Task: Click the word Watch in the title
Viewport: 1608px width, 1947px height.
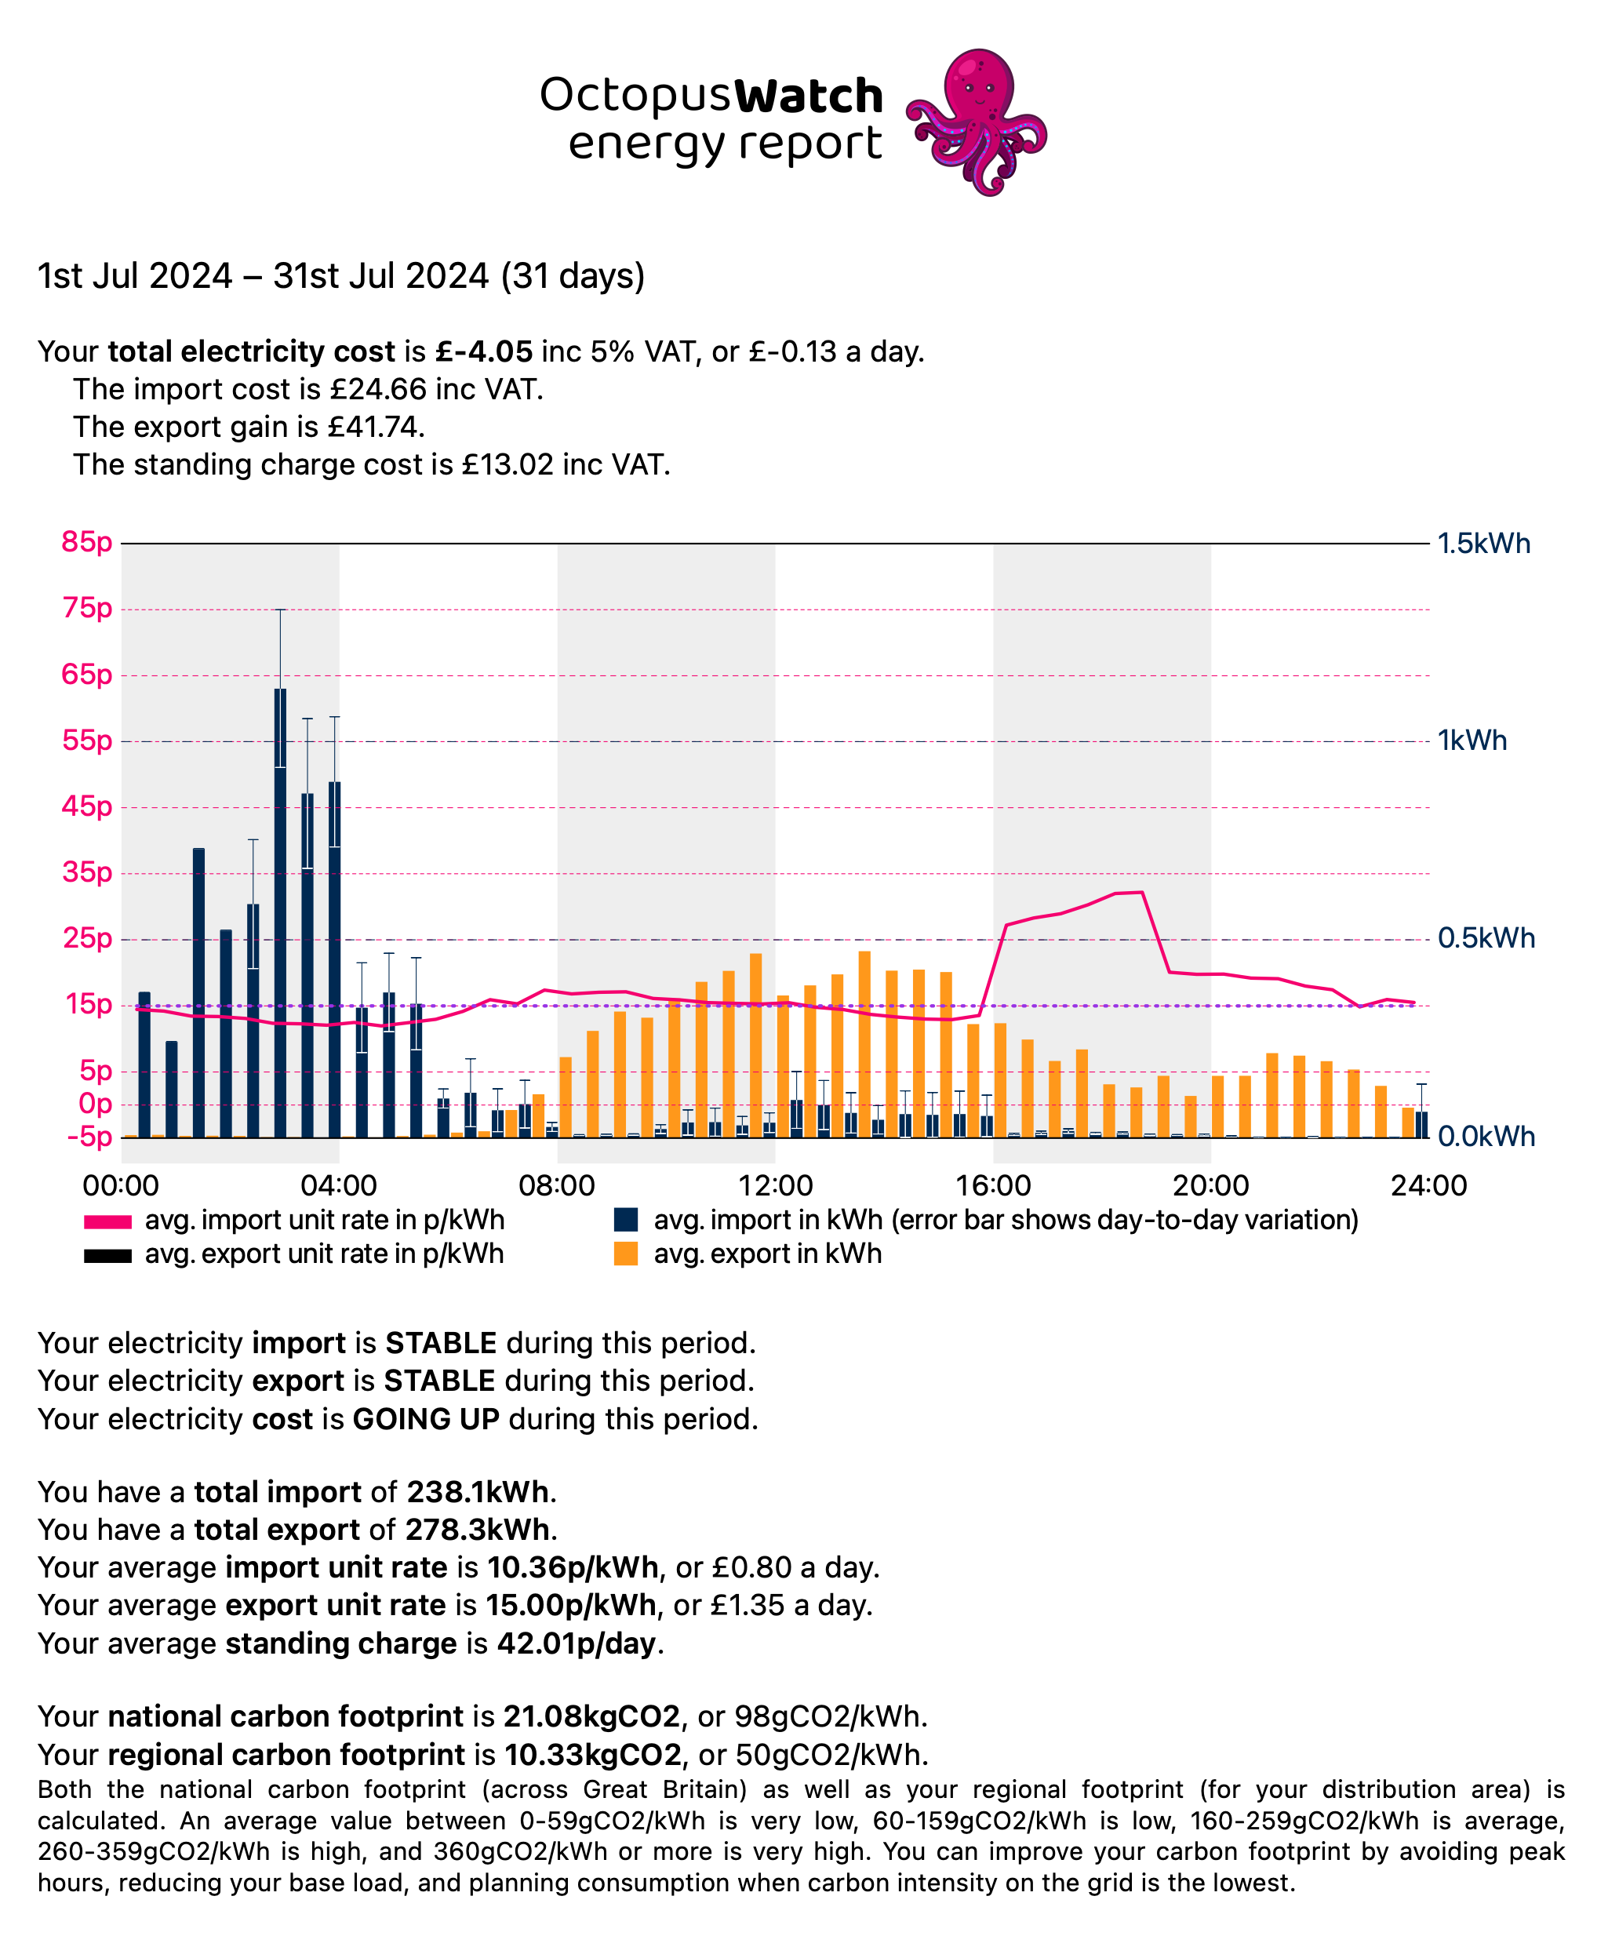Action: click(808, 96)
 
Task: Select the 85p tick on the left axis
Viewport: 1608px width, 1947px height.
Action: click(86, 542)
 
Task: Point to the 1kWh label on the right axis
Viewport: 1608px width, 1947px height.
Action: click(1472, 741)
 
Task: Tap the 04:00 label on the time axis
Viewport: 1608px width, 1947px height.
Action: click(339, 1185)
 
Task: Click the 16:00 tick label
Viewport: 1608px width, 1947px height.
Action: click(993, 1185)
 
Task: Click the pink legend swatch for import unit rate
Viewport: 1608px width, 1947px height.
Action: click(107, 1221)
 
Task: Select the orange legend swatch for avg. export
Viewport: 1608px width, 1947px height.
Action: click(626, 1254)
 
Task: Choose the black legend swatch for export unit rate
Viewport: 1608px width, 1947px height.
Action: click(107, 1256)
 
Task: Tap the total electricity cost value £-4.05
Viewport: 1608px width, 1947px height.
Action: click(485, 352)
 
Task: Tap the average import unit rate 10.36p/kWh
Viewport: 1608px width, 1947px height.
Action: click(573, 1567)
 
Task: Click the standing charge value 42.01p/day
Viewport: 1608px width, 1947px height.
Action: click(577, 1643)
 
